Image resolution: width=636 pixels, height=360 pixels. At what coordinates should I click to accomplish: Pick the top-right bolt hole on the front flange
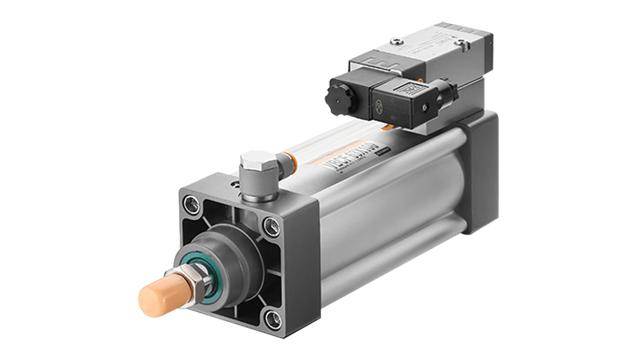[269, 223]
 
